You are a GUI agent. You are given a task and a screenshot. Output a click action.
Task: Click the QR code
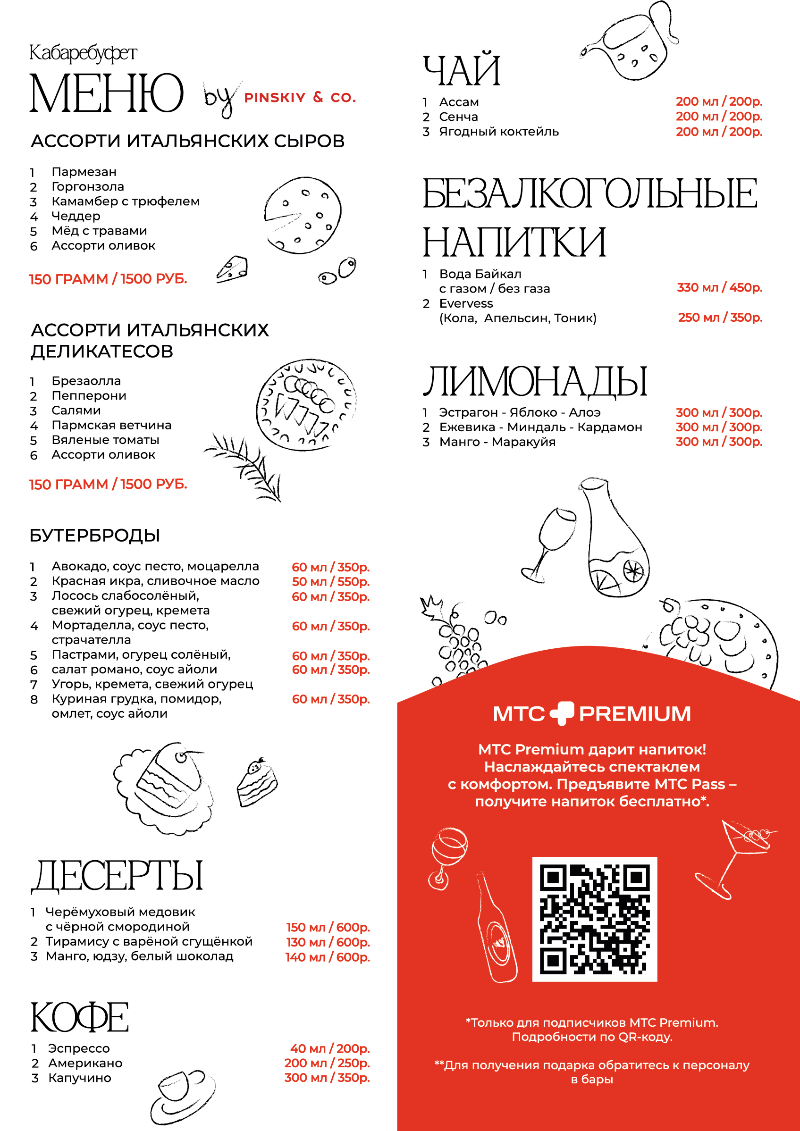594,919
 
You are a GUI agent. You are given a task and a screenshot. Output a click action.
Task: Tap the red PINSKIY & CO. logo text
300,98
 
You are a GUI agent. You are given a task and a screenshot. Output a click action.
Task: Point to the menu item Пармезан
84,172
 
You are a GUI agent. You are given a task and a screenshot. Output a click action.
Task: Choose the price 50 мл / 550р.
330,582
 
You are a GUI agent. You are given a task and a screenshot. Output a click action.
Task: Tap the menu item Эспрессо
79,1048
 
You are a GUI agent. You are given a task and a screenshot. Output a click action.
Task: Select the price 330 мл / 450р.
719,288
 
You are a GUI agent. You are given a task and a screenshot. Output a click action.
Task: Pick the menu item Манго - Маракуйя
497,442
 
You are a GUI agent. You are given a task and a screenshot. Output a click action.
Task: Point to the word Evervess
466,303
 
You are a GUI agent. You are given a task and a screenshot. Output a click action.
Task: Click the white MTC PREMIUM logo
592,714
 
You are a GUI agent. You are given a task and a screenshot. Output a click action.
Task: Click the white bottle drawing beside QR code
497,929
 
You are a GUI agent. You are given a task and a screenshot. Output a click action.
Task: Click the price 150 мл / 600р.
328,927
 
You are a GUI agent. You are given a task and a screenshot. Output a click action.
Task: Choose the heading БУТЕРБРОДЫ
94,536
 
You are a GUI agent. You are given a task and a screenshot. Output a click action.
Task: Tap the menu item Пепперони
89,395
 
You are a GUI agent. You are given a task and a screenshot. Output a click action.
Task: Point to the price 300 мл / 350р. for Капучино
327,1078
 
